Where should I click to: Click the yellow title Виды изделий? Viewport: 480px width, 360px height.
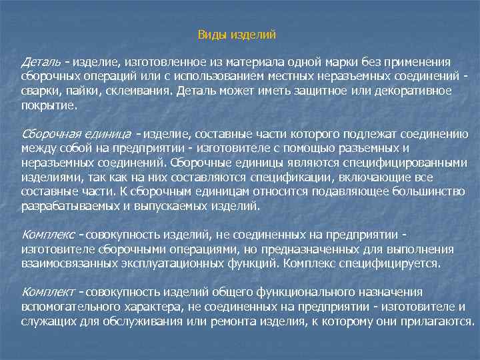tap(237, 34)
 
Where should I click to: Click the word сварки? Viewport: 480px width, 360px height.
tap(39, 91)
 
